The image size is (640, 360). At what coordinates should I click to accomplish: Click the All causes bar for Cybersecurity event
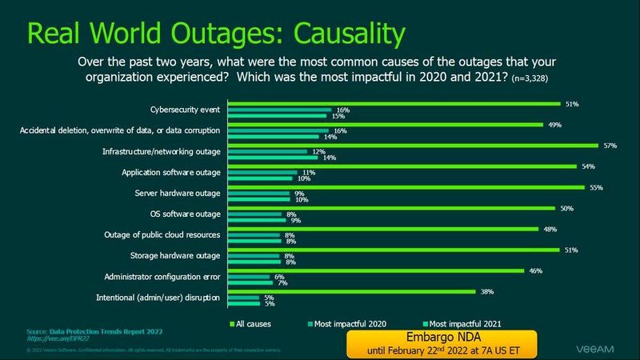pyautogui.click(x=394, y=104)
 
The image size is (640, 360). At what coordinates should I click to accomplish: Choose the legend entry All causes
pyautogui.click(x=250, y=323)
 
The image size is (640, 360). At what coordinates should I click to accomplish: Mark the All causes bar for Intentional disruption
pyautogui.click(x=353, y=291)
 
